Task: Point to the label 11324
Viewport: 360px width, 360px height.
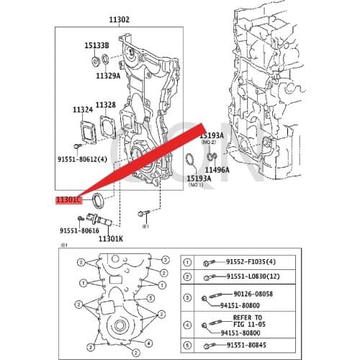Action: (83, 109)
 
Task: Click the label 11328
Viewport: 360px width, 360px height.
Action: (106, 105)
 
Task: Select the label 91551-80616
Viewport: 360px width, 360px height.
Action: (79, 230)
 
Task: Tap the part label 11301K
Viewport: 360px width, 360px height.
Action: (111, 238)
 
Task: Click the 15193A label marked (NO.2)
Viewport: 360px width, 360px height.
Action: (211, 135)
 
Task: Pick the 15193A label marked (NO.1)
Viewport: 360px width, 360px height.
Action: (199, 177)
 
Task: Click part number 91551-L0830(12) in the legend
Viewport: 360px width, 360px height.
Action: (257, 277)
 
